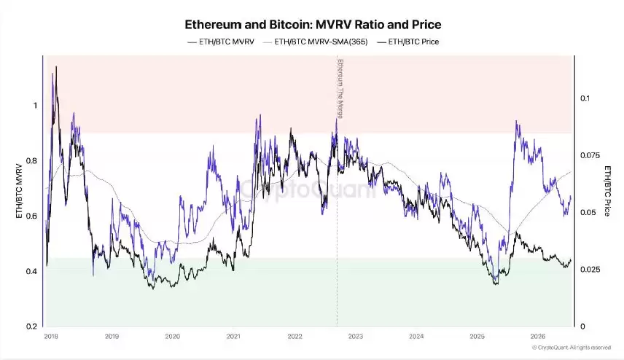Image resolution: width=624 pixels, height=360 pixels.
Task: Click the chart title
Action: pos(313,25)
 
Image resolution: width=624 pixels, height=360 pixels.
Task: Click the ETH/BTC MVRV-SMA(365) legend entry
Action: pos(315,42)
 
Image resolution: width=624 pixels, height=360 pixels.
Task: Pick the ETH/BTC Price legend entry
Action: pos(408,42)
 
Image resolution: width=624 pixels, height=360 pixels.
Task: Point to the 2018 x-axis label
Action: pos(51,337)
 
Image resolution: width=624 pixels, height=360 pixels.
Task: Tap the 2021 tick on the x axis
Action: pos(233,337)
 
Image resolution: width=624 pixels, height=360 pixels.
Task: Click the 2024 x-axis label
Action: pos(416,337)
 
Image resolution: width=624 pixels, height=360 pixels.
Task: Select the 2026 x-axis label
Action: pos(538,337)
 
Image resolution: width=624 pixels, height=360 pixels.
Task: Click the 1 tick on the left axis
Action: pos(36,106)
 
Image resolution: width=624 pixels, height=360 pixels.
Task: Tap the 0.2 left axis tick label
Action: pos(32,326)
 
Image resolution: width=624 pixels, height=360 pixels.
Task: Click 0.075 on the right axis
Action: pos(590,155)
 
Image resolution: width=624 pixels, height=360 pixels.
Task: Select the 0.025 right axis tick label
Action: pos(590,270)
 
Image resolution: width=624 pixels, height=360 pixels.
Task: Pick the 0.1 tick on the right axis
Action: pos(585,98)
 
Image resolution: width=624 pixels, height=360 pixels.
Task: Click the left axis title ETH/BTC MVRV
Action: pos(19,191)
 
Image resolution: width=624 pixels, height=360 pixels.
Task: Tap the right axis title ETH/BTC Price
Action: pos(607,191)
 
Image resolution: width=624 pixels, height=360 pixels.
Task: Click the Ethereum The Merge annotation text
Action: pos(340,89)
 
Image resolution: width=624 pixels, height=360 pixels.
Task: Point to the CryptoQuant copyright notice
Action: pos(572,348)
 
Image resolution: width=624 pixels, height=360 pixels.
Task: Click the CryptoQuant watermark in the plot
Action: pos(307,189)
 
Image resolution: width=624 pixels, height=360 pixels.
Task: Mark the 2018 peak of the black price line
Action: pos(56,66)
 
